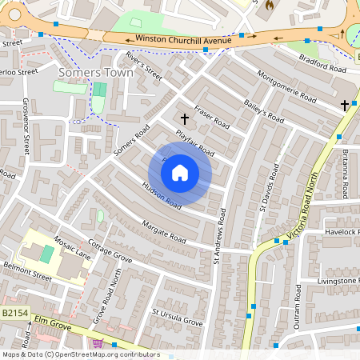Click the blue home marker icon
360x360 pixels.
(x=180, y=173)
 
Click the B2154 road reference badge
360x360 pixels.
(x=14, y=313)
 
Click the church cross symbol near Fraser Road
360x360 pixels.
(x=185, y=119)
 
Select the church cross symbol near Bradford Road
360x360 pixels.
(x=345, y=105)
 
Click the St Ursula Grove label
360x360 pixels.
(x=177, y=316)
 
